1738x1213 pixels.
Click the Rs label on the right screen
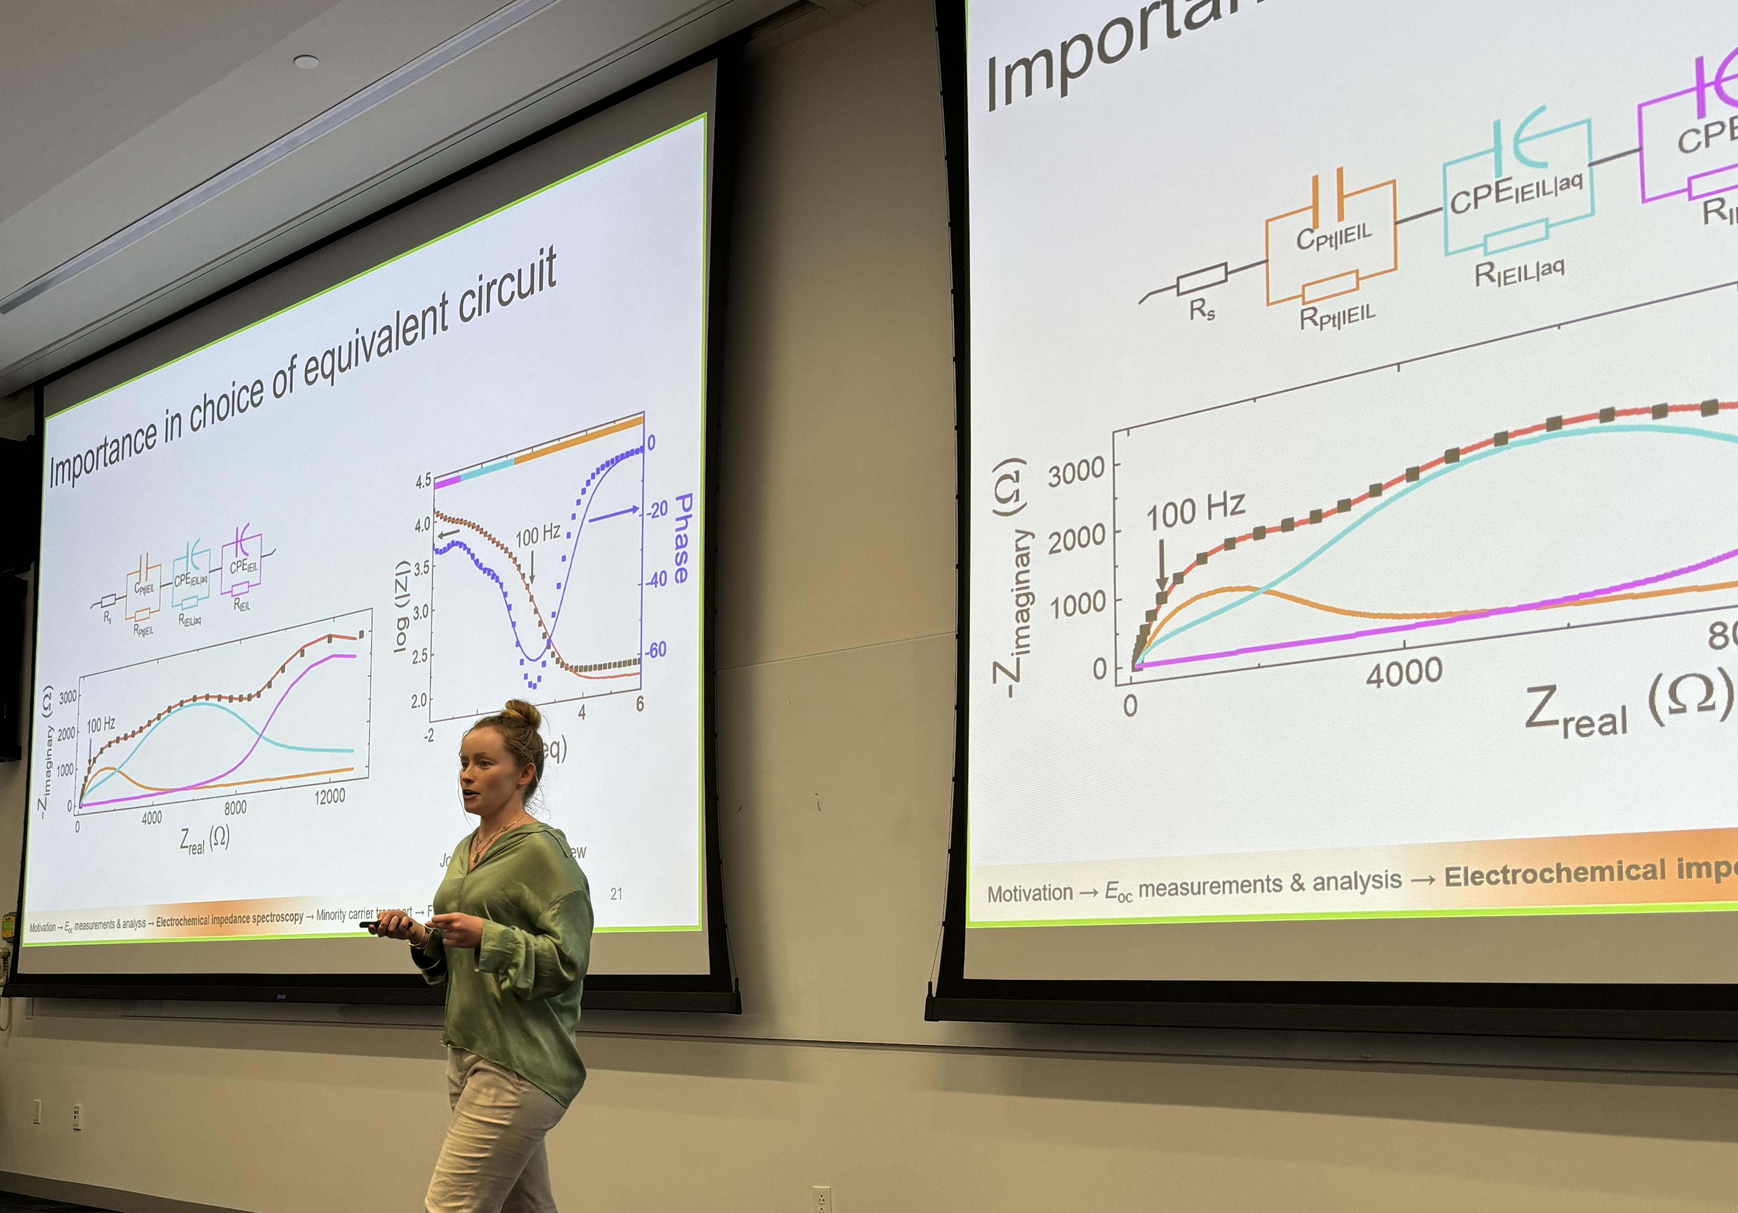(1201, 310)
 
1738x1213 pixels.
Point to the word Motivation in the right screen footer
(1029, 893)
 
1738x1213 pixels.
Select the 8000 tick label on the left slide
(235, 807)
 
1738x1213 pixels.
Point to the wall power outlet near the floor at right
(821, 1199)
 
